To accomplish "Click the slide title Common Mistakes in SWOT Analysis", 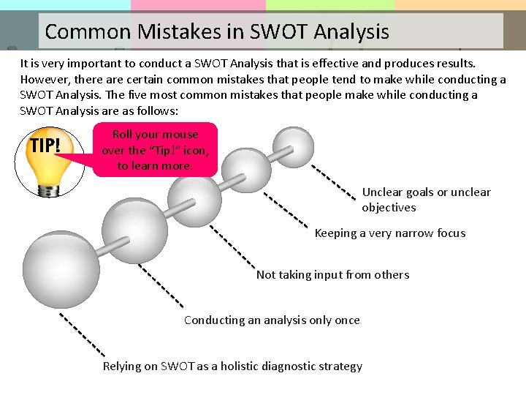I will (217, 32).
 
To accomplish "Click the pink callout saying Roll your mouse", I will (155, 150).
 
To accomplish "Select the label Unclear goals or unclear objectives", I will (426, 200).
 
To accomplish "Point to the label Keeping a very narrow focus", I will (389, 233).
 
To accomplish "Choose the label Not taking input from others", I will (332, 275).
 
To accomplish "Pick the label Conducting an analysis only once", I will (272, 320).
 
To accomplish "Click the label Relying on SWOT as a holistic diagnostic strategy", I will (232, 366).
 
